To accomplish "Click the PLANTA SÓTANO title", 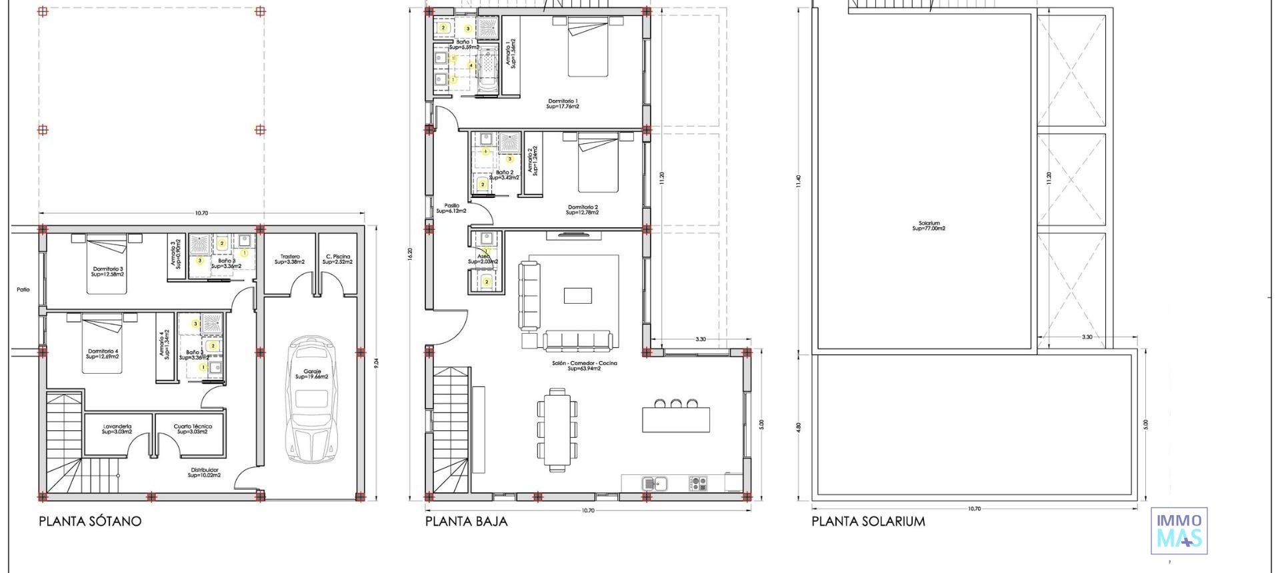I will coord(90,521).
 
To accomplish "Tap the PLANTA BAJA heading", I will coord(466,521).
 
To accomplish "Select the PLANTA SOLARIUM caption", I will coord(868,521).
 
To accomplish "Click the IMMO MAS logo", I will coord(1179,531).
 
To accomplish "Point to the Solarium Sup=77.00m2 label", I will coord(929,226).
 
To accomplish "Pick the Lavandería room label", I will coord(117,428).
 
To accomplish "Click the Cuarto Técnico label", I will coord(193,428).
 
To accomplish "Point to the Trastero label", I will coord(290,259).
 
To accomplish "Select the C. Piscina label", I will coord(337,259).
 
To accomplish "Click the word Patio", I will coord(23,289).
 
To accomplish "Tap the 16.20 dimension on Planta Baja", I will coord(410,254).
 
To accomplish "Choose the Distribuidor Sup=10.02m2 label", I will coord(204,472).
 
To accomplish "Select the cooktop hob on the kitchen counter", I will coord(697,483).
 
